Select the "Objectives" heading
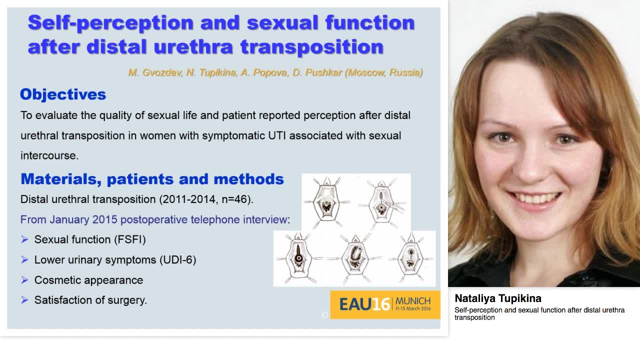coord(63,94)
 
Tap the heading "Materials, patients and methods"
coord(152,179)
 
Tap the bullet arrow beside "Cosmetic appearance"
coord(24,280)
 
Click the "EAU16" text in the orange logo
coord(364,304)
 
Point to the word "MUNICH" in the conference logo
coord(412,301)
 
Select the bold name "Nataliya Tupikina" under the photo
coord(497,298)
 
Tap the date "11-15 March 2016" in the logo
coord(412,309)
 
